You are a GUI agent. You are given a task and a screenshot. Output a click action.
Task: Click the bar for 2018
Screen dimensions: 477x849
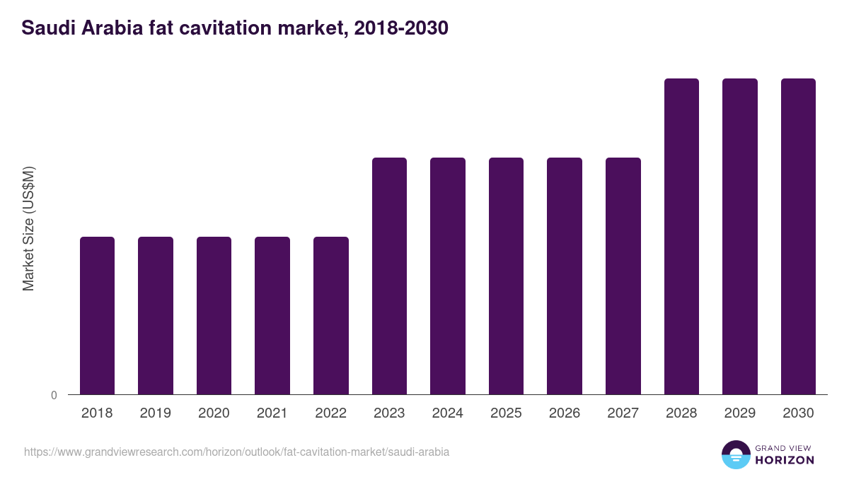[x=97, y=315]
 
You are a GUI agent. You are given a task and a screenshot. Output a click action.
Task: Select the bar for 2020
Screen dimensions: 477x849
[x=214, y=315]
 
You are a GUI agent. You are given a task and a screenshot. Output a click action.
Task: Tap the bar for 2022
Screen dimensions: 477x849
[x=331, y=315]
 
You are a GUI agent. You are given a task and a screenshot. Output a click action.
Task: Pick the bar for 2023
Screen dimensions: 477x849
[x=389, y=276]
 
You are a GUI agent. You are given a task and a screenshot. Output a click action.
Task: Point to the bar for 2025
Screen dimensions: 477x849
[x=506, y=276]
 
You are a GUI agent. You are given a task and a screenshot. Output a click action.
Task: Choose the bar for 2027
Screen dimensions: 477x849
[x=623, y=276]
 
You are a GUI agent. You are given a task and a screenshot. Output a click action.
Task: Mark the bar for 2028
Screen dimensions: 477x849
[x=681, y=236]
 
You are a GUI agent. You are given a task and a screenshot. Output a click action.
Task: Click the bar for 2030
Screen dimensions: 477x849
[x=798, y=236]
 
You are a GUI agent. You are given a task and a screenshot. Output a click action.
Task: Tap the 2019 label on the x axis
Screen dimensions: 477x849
[x=155, y=413]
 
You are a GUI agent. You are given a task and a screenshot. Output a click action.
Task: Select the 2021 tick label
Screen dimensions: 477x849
[x=272, y=413]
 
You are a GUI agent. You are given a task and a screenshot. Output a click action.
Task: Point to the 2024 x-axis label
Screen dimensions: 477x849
[x=447, y=413]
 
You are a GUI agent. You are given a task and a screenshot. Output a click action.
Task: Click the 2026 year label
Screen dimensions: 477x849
[x=565, y=413]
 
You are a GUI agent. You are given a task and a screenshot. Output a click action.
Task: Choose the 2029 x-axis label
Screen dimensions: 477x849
[x=739, y=413]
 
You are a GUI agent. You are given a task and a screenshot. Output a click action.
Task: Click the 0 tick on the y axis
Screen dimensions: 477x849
[x=54, y=395]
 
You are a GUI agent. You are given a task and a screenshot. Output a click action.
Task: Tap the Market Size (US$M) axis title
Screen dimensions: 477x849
[x=28, y=228]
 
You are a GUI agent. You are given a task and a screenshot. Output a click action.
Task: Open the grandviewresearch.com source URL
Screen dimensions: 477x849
[x=236, y=452]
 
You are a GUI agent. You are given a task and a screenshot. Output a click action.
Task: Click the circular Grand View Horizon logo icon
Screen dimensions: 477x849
[x=736, y=454]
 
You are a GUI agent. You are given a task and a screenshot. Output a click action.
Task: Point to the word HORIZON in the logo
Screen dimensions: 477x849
[x=784, y=460]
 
